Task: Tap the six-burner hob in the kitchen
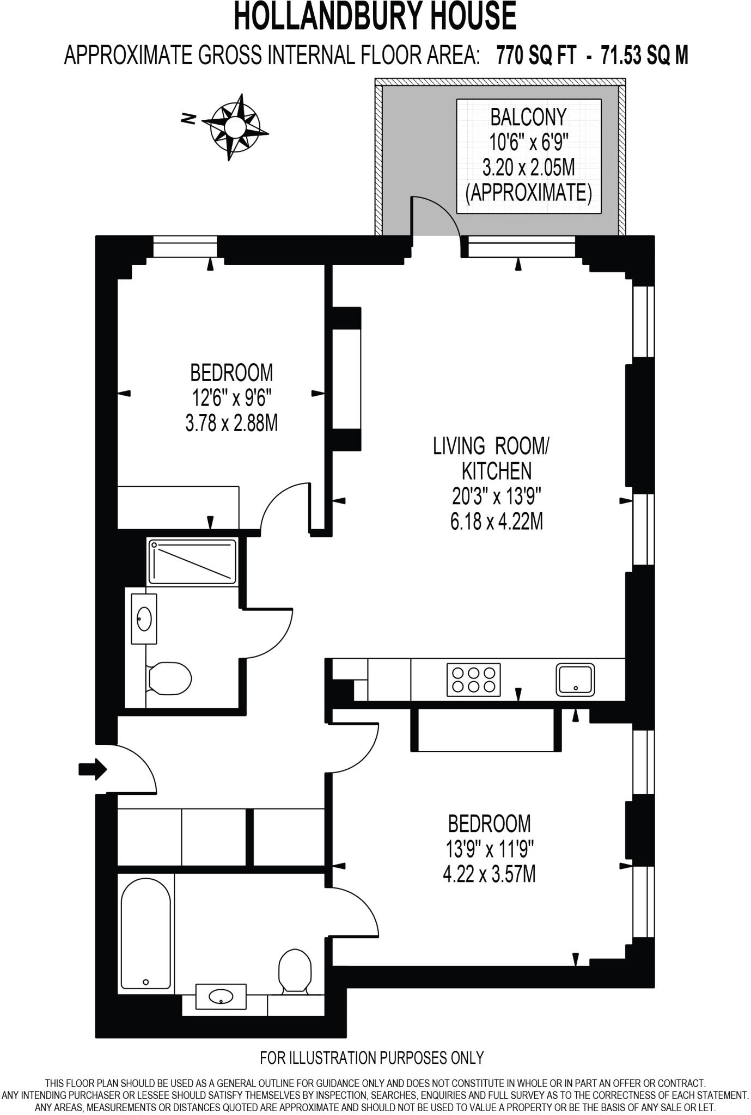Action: (473, 679)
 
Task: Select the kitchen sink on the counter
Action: (576, 679)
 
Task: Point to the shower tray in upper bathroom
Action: (193, 561)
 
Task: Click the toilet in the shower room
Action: (169, 678)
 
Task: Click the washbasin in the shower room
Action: (144, 618)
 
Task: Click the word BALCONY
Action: (528, 117)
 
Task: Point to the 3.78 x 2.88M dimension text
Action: (231, 423)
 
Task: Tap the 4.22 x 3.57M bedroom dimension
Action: (489, 874)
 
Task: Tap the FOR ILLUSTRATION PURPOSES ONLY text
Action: (371, 1057)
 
